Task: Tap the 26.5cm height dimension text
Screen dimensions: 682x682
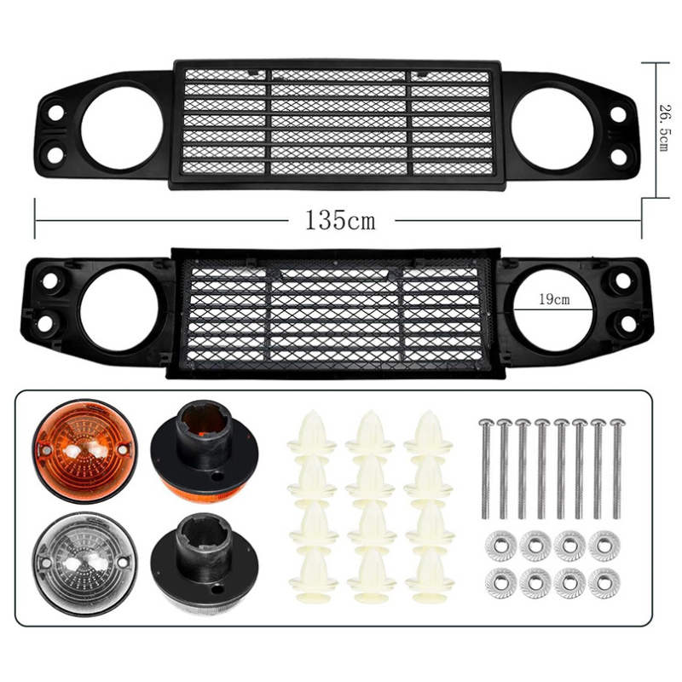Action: [x=662, y=128]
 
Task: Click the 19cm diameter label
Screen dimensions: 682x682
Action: [x=554, y=300]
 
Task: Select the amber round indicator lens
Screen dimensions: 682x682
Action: [x=74, y=451]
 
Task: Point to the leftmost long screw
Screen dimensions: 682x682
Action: [x=485, y=469]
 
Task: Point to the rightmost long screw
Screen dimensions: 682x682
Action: [x=616, y=469]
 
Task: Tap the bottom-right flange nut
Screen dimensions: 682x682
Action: [x=604, y=582]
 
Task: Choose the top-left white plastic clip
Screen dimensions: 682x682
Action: [x=312, y=435]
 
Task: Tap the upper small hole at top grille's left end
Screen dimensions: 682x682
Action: [x=54, y=113]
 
